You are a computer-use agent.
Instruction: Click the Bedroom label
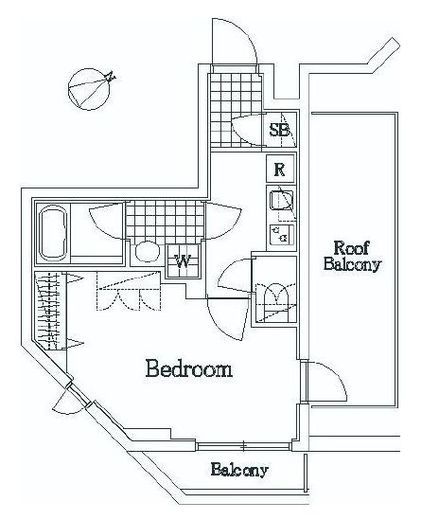(189, 368)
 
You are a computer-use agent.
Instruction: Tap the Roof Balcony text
(352, 256)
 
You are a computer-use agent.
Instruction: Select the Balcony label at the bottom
(239, 470)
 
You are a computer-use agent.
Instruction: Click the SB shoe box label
(279, 130)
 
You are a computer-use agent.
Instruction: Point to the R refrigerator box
(281, 169)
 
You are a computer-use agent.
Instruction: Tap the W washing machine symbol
(183, 261)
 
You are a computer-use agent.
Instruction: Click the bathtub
(53, 233)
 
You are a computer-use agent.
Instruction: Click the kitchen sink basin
(281, 200)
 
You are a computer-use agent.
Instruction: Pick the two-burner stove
(281, 234)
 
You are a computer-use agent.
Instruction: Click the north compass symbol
(90, 89)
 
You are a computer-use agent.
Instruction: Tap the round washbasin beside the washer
(147, 252)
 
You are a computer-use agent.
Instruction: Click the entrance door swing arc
(235, 42)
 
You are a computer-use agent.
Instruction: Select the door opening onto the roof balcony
(325, 381)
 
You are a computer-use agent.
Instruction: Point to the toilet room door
(234, 277)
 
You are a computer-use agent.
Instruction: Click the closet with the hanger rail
(50, 311)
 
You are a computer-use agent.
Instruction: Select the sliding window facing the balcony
(243, 446)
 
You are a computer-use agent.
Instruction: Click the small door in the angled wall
(71, 400)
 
